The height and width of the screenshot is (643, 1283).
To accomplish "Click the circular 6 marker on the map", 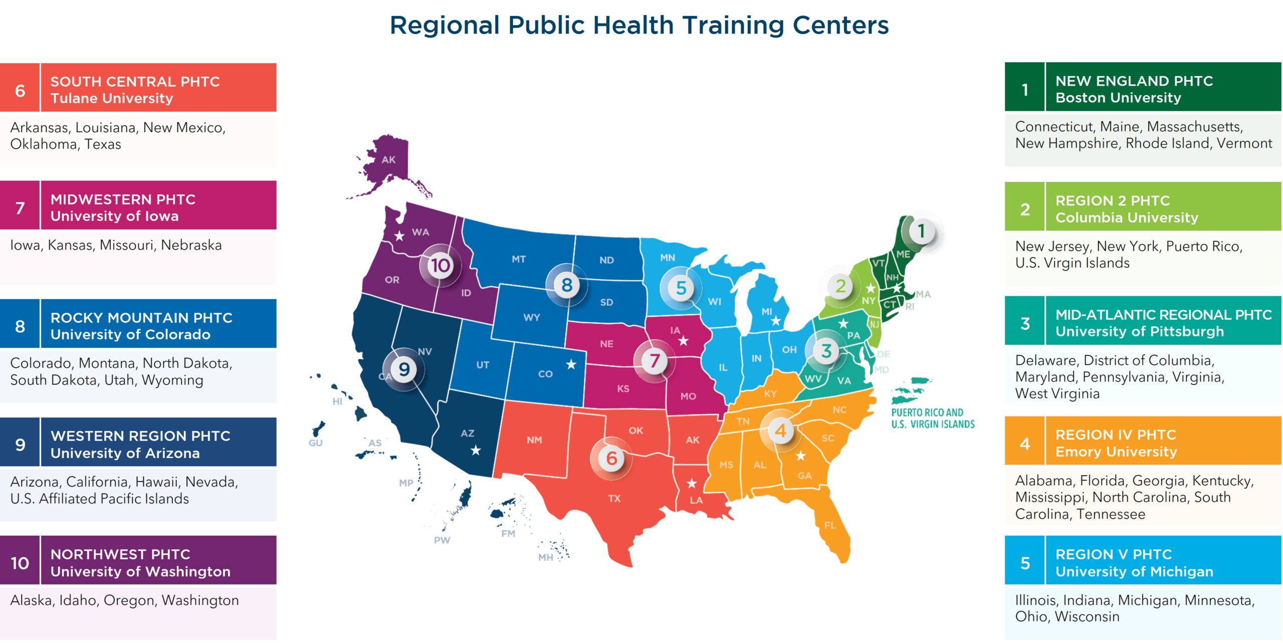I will (611, 458).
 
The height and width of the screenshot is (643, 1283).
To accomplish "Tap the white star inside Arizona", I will (476, 451).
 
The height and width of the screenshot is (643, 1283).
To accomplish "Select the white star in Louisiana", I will (692, 483).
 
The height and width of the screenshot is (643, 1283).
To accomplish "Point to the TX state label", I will (614, 498).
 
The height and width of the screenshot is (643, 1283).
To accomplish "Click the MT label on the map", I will (519, 259).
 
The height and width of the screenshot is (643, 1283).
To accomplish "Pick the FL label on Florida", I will (830, 525).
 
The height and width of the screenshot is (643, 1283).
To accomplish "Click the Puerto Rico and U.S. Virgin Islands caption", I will (933, 418).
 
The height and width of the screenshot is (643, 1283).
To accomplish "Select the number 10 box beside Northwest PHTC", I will (20, 563).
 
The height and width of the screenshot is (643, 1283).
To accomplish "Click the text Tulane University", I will (112, 98).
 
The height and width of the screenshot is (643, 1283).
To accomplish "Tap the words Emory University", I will (1116, 452).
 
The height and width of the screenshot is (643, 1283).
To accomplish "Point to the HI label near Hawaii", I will (337, 401).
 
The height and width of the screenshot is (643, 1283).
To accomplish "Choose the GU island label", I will (315, 443).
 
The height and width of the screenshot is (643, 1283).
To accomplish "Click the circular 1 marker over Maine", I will (921, 231).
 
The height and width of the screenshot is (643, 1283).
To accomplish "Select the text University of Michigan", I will (1134, 571).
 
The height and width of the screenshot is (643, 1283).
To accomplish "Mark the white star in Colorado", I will (571, 364).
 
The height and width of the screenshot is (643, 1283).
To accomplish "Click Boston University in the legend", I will (1118, 98).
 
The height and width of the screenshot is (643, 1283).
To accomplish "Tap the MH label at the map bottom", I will (545, 557).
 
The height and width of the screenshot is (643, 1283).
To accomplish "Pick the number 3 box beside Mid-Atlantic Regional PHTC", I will (1025, 323).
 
